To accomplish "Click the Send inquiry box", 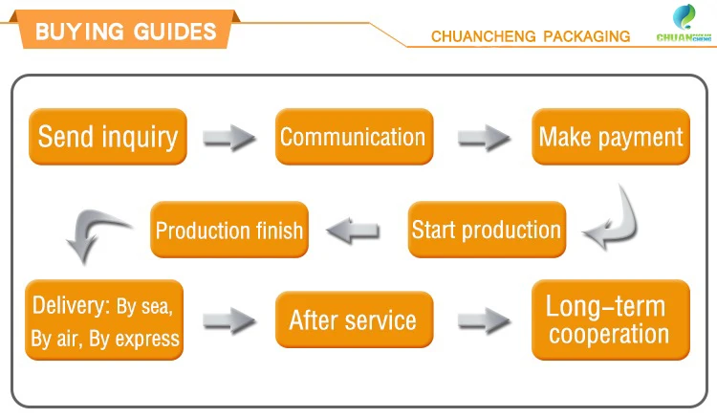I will click(x=107, y=137).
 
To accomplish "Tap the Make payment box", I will click(x=610, y=137).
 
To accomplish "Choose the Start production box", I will click(x=486, y=230).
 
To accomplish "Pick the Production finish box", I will click(x=229, y=230).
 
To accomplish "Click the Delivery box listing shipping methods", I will click(x=104, y=321).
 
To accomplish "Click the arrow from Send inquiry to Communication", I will click(x=229, y=138).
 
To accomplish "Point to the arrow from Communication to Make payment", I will click(x=483, y=138).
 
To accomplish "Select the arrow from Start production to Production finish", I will click(x=354, y=230).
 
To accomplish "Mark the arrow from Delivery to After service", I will click(x=229, y=320).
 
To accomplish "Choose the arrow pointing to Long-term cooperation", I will click(x=483, y=320).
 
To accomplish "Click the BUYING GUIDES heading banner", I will click(x=124, y=31).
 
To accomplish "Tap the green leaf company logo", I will click(x=685, y=16).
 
